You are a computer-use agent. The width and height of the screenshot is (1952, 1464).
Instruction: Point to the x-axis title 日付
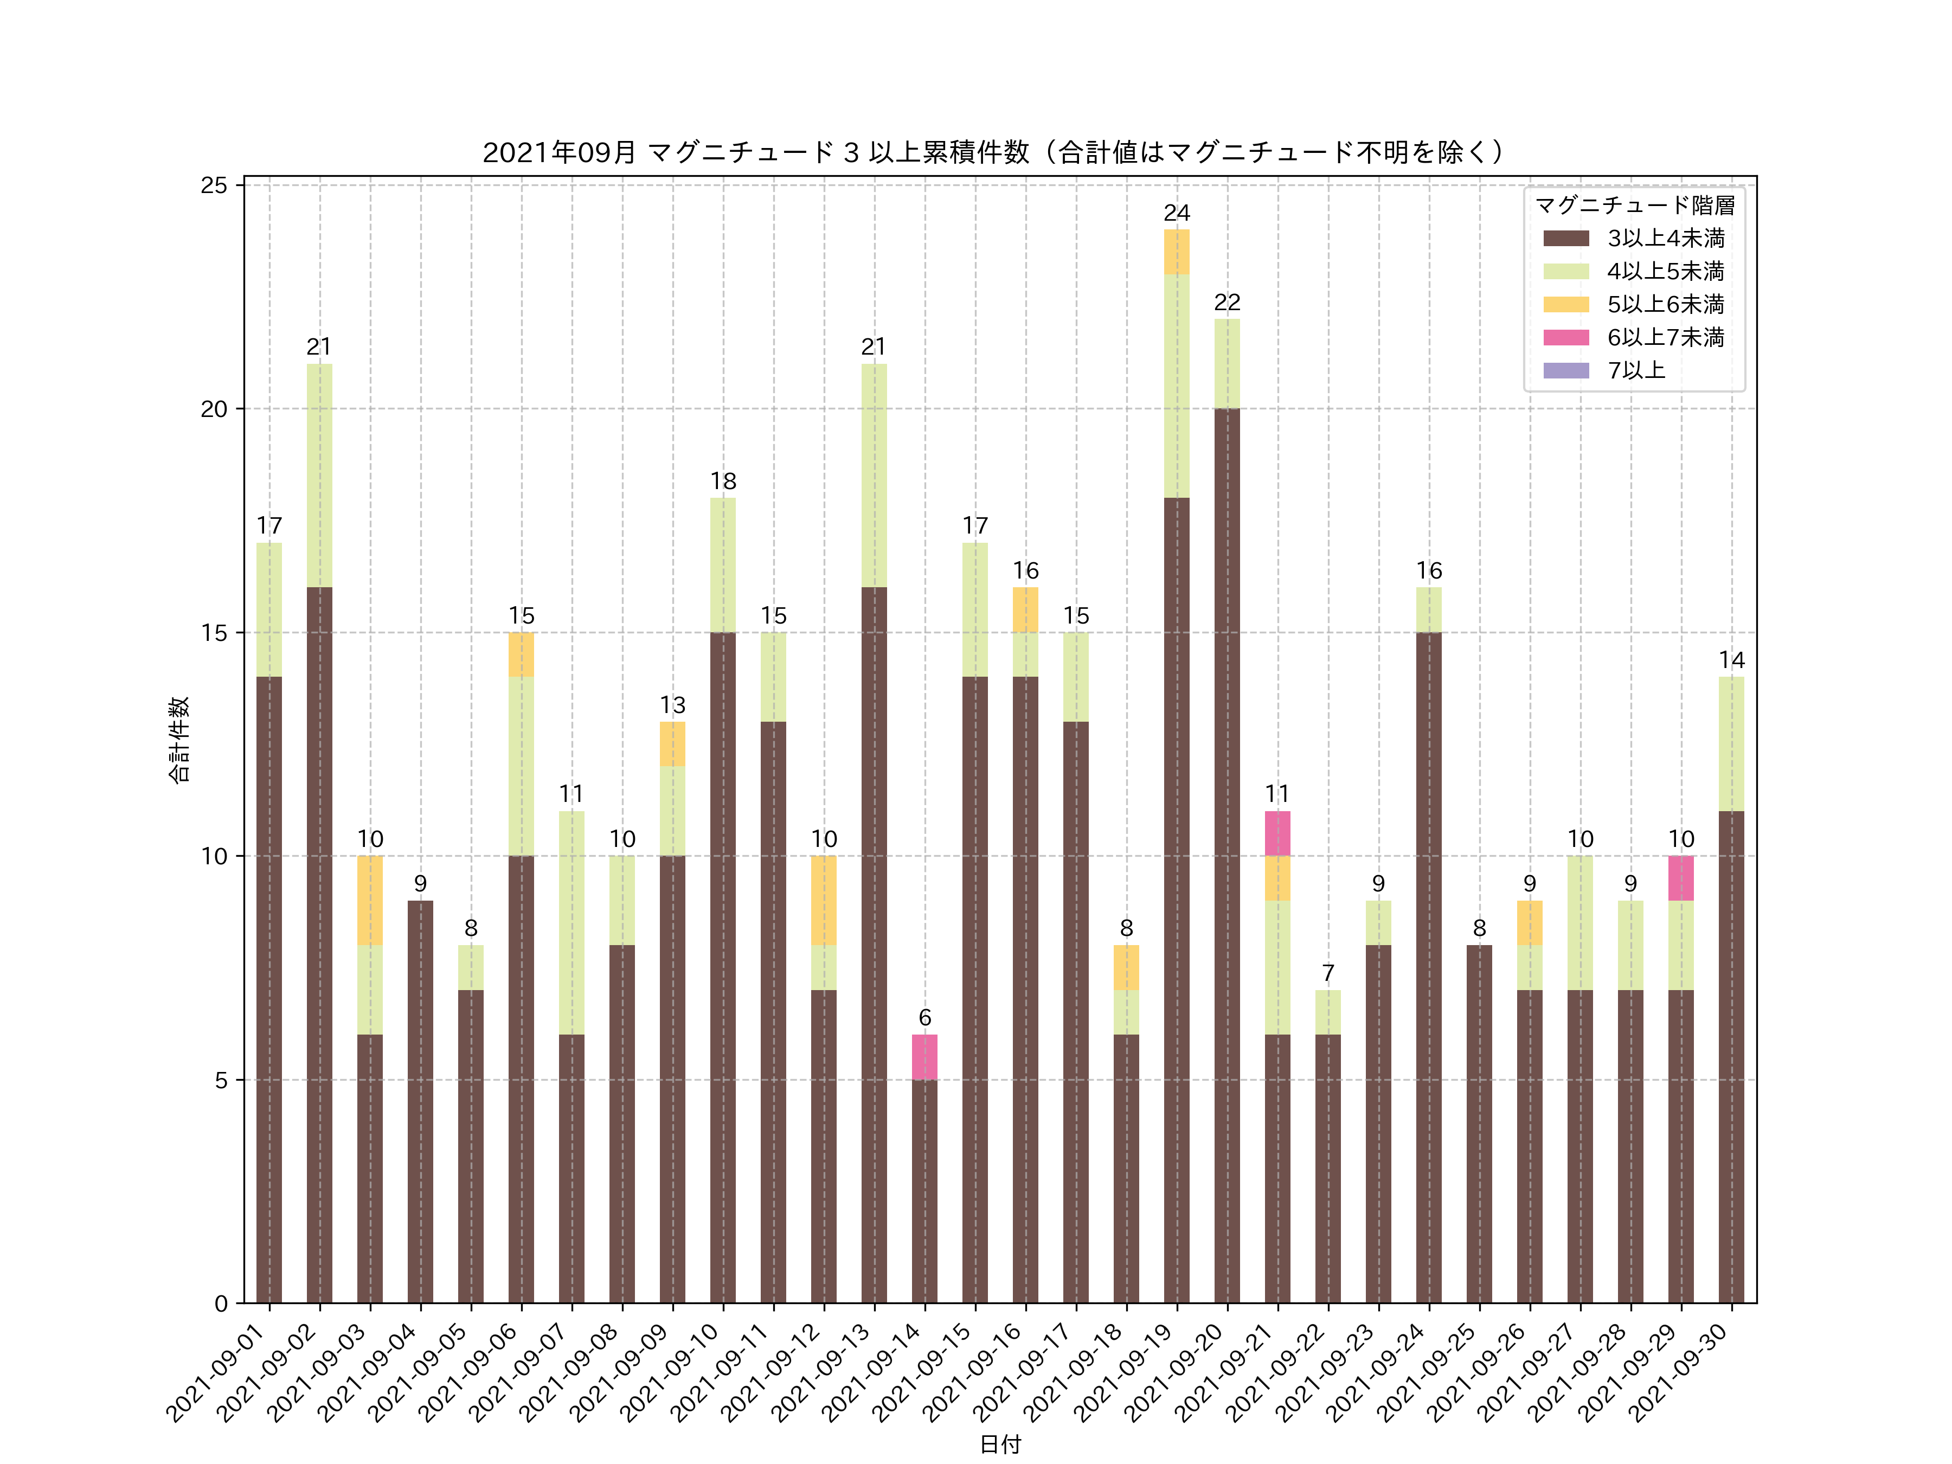coord(1000,1444)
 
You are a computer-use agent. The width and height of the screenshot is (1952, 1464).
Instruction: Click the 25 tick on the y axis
coord(214,185)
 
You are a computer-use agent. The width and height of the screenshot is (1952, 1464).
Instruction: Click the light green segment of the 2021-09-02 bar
coord(319,475)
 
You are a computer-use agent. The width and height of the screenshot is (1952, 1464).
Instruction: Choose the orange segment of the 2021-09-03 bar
coord(370,900)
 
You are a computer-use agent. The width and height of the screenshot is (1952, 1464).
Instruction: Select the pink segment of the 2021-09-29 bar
coord(1681,878)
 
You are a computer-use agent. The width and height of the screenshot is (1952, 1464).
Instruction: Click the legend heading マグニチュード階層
coord(1634,206)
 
